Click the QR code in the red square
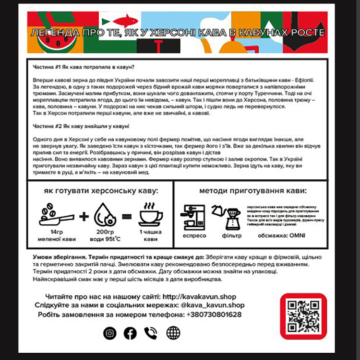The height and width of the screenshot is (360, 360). tap(303, 316)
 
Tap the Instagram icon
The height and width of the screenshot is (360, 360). tap(110, 333)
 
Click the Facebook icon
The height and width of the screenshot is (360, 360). tap(130, 333)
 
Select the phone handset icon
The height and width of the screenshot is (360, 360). tap(151, 333)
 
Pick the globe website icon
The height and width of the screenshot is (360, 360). tap(173, 333)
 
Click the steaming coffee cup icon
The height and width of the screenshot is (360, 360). tap(151, 214)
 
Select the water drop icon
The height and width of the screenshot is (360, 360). tap(105, 215)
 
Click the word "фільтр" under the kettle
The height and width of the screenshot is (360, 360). tap(232, 236)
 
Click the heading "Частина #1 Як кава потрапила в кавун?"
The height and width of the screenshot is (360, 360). tap(84, 66)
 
